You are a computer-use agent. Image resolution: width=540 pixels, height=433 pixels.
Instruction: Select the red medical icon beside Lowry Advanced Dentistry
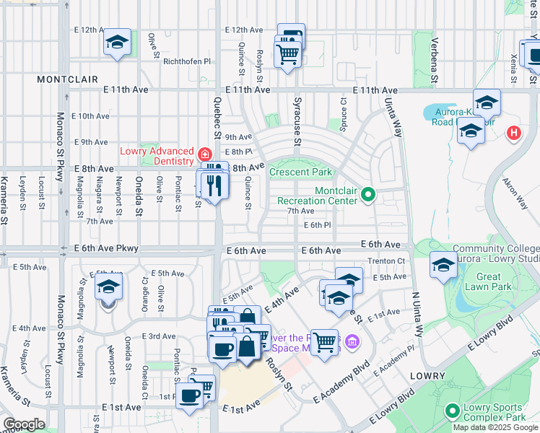(205, 154)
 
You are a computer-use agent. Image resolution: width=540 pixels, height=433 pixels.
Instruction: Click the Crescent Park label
(300, 172)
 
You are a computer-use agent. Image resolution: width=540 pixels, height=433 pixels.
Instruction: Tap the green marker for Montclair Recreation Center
(368, 194)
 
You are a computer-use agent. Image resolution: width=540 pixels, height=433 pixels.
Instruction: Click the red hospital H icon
(513, 133)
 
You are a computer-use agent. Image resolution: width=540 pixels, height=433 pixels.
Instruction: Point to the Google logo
(24, 424)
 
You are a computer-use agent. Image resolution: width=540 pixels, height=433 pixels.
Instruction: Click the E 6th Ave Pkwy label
(105, 248)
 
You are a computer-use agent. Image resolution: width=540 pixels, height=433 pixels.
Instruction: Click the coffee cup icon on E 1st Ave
(191, 396)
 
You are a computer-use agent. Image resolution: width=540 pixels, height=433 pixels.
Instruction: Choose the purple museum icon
(352, 341)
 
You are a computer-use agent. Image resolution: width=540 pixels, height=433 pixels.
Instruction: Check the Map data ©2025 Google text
(495, 427)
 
